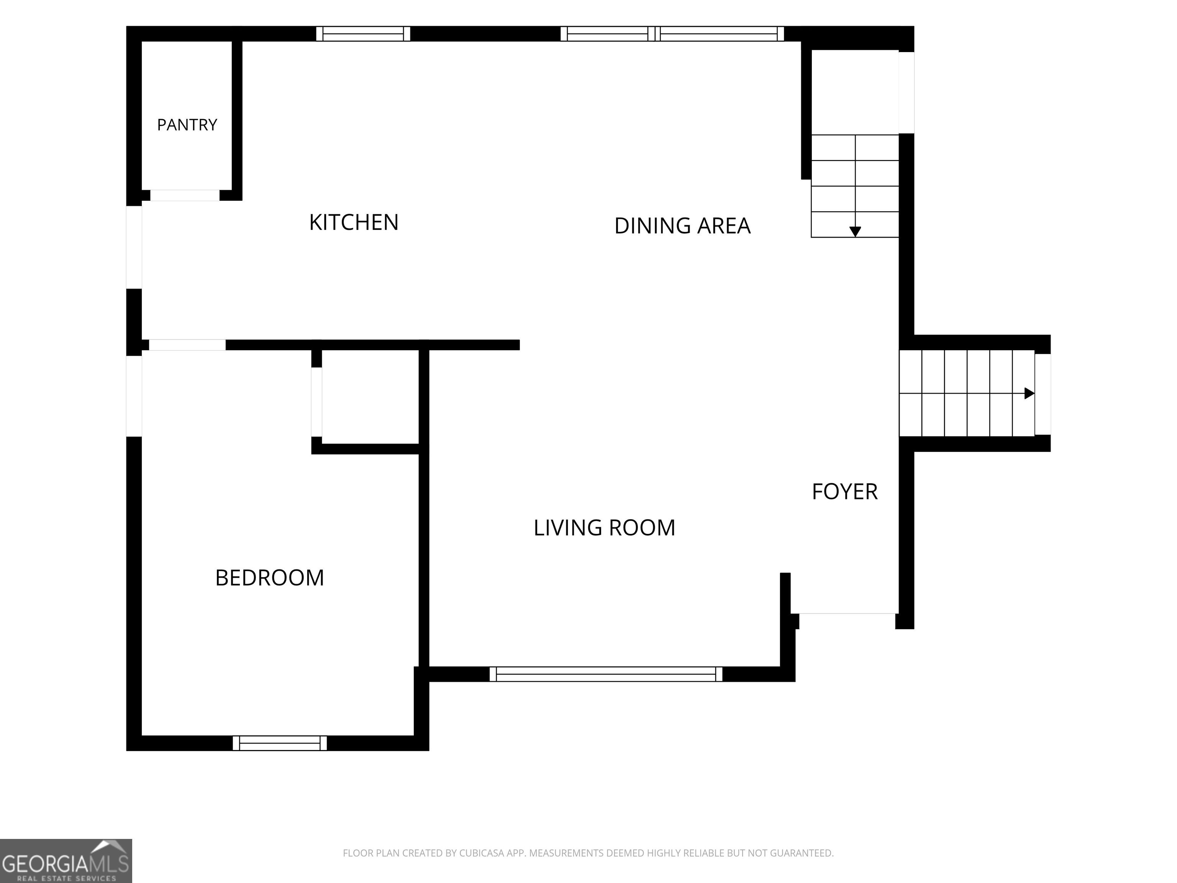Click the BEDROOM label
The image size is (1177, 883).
point(269,578)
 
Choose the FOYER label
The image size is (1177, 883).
point(844,492)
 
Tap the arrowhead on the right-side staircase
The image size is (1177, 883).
point(1029,393)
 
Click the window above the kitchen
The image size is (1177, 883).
point(364,33)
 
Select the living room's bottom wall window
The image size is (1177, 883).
point(606,674)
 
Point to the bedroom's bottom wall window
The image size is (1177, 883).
point(280,743)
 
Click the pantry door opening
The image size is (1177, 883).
point(185,195)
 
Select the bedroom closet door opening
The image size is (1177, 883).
point(316,402)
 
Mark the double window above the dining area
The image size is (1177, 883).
point(672,33)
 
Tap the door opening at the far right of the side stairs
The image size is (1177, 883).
point(1043,394)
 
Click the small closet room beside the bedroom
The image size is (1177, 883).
point(370,397)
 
